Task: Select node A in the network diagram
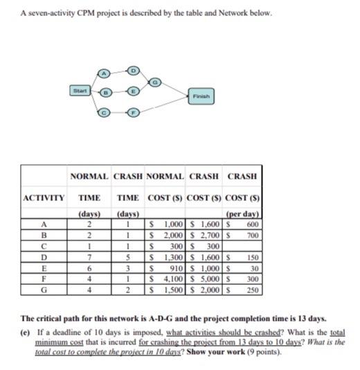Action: click(x=105, y=73)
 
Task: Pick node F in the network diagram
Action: click(x=134, y=111)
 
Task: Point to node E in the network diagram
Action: click(x=134, y=91)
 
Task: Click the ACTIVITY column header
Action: click(x=44, y=197)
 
